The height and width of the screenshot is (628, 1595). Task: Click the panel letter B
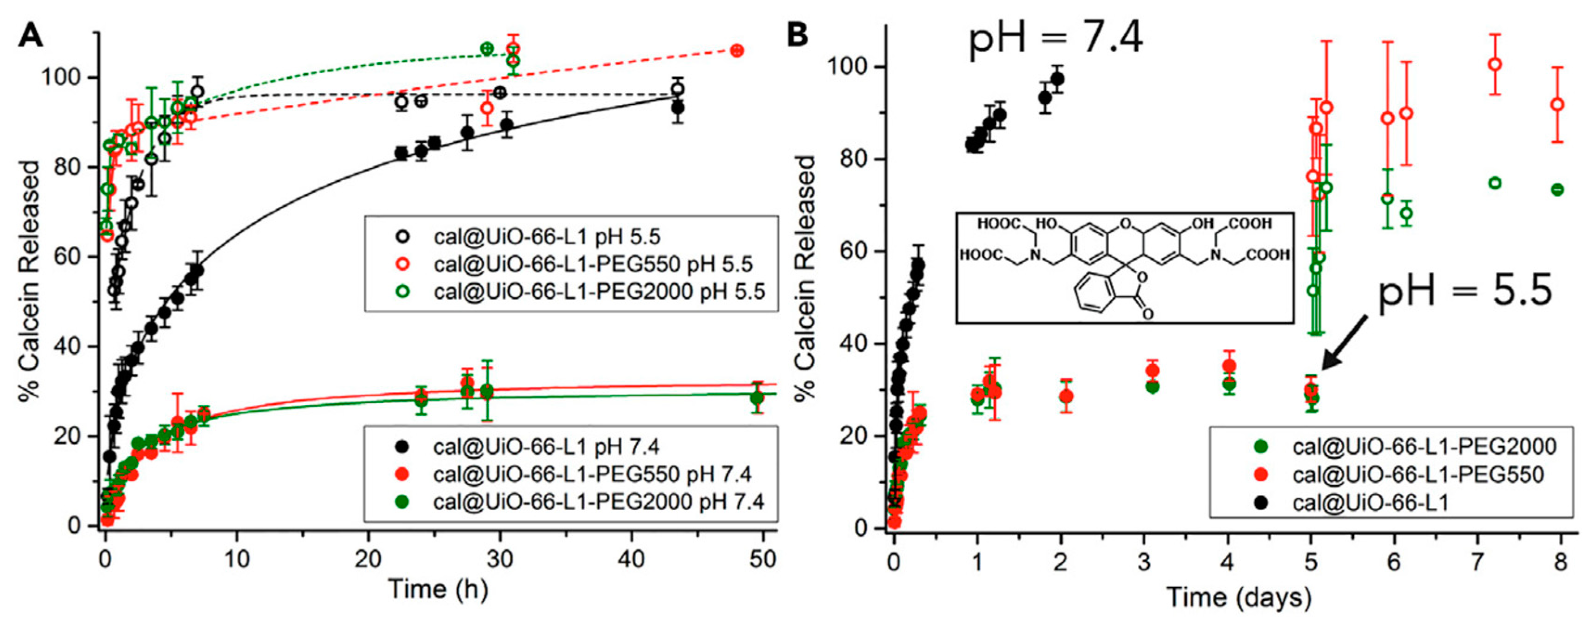[x=797, y=35]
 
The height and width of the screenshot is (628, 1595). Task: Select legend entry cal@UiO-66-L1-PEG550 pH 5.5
[x=593, y=264]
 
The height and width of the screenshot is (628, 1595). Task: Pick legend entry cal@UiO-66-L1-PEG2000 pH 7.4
[x=598, y=500]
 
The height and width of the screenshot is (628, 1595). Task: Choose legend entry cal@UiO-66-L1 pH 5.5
[x=547, y=237]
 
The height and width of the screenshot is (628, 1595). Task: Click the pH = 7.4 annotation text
[x=1056, y=39]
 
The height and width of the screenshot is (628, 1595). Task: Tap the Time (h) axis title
[x=438, y=589]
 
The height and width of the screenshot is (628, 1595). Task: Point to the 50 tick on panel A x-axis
[x=762, y=559]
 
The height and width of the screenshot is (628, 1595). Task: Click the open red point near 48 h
[x=736, y=51]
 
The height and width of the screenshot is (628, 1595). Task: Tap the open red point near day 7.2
[x=1495, y=64]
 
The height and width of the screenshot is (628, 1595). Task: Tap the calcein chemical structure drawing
[x=1124, y=268]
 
